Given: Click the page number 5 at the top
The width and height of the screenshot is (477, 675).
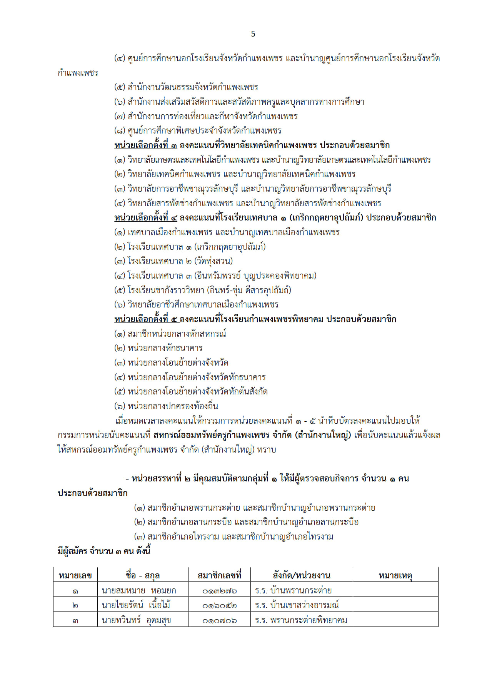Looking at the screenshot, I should (x=253, y=34).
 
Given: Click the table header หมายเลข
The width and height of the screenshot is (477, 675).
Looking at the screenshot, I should (x=75, y=575).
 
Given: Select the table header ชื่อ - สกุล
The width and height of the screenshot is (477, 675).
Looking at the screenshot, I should (x=142, y=575).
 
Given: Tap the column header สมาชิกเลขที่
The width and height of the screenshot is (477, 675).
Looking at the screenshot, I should (x=219, y=575).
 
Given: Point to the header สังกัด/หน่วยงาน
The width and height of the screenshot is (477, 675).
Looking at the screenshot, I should (x=301, y=575).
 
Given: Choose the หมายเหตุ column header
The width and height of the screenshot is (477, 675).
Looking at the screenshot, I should (x=395, y=575).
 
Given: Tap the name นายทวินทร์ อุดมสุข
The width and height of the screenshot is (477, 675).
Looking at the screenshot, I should (x=136, y=620).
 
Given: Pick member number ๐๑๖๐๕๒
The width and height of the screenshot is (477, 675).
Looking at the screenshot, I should (x=219, y=605).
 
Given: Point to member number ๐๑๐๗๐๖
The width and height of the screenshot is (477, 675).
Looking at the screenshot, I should (x=219, y=620).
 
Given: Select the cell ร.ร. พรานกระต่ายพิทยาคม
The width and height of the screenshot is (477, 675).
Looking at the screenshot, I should (x=301, y=620).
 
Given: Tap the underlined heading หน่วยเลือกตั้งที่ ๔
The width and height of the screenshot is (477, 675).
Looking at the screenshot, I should (x=146, y=217).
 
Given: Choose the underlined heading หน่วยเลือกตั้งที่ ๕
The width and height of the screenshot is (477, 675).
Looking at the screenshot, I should (x=146, y=319).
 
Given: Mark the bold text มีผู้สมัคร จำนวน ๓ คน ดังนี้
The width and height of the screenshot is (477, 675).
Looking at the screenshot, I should (x=104, y=551).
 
